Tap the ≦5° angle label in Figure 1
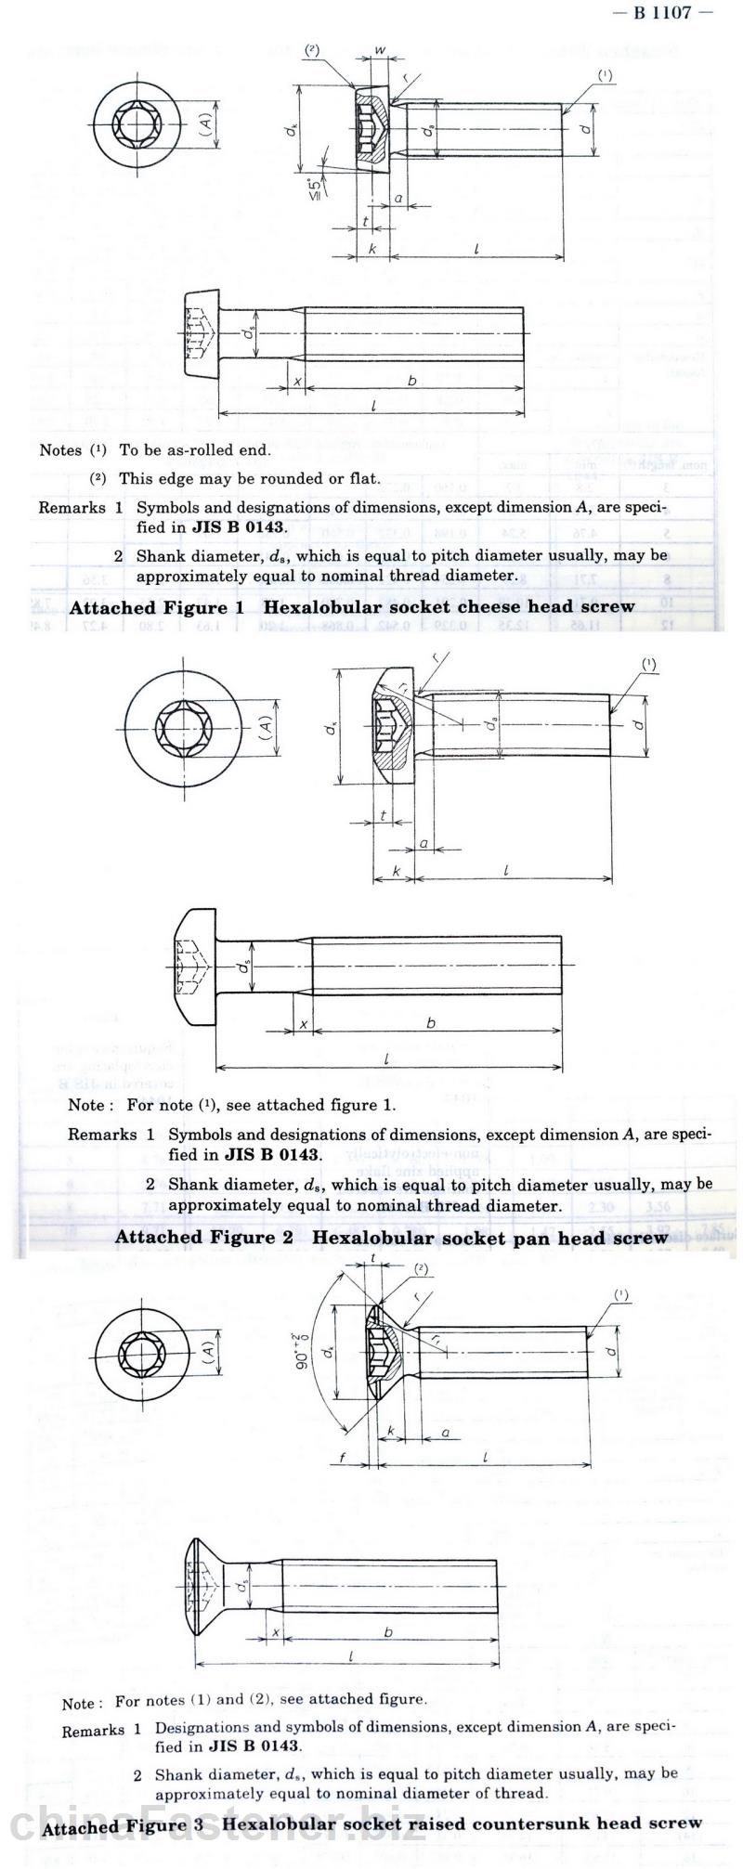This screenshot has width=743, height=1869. [x=318, y=185]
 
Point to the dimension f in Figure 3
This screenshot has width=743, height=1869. [x=343, y=1459]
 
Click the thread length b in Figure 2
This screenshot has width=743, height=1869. [x=431, y=1023]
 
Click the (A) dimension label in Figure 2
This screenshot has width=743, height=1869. [x=266, y=725]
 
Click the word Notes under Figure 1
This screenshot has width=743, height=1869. [x=61, y=450]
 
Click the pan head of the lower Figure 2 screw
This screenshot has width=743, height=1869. [x=197, y=967]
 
